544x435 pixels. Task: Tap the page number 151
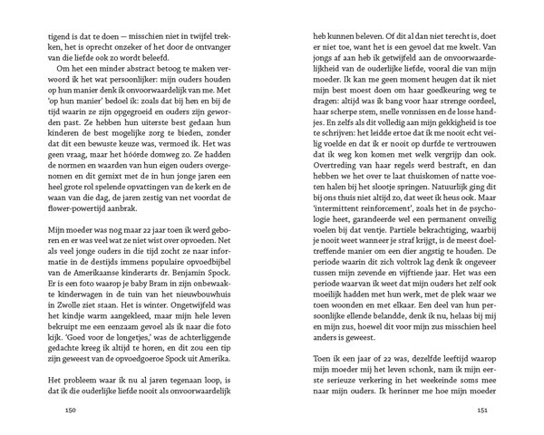[482, 410]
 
